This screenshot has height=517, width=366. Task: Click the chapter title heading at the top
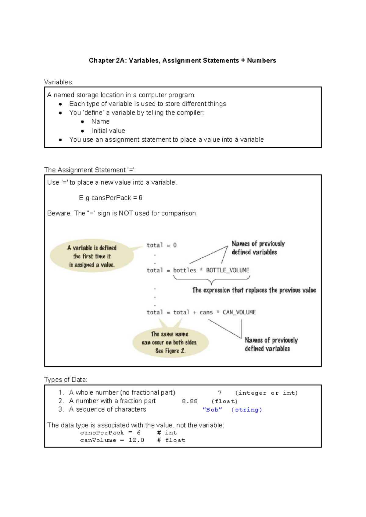182,61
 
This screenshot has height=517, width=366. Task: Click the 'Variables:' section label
59,82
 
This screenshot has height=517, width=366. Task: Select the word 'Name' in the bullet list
100,122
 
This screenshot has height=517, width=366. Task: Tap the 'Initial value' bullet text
108,131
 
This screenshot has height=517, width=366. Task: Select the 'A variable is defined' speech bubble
92,256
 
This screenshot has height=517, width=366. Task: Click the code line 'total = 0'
161,245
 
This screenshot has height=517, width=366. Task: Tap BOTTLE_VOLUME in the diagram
228,270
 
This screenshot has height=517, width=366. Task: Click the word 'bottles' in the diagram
185,270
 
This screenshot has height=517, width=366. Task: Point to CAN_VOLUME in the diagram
239,312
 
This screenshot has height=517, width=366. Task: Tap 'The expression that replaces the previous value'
254,290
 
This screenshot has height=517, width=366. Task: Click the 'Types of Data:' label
66,380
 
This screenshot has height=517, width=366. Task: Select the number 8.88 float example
190,401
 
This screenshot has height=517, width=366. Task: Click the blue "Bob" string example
212,410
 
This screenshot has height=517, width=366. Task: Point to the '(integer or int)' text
266,393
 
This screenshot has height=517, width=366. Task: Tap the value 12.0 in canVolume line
136,440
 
